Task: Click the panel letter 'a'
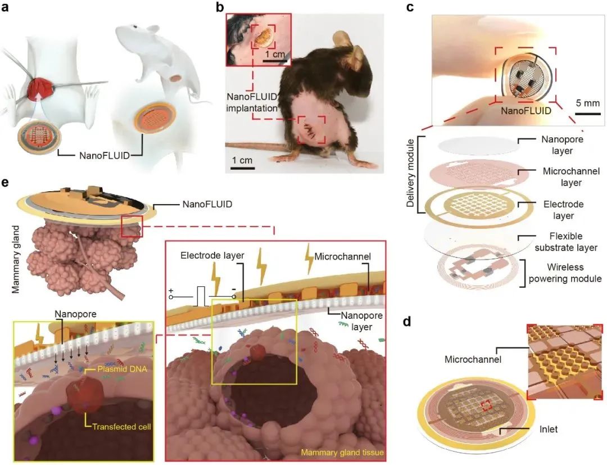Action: tap(5, 8)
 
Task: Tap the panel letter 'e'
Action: tap(5, 183)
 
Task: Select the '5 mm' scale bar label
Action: tap(588, 103)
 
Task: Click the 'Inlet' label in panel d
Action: tap(549, 429)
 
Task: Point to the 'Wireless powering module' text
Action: tap(565, 273)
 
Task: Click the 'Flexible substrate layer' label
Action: tap(566, 242)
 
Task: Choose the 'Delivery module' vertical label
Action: tap(411, 173)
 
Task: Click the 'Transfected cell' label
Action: tap(121, 427)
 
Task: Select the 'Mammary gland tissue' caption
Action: tap(342, 452)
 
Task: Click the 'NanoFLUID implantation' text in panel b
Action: tap(252, 102)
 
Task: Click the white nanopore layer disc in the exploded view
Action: tap(478, 146)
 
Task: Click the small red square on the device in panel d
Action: tap(486, 405)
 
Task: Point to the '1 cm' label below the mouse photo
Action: tap(242, 160)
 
